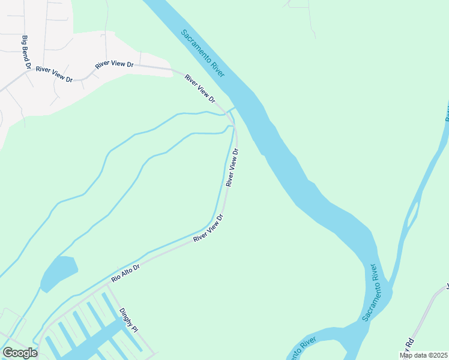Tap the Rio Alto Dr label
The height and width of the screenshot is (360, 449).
click(125, 274)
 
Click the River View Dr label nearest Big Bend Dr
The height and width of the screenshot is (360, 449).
click(53, 74)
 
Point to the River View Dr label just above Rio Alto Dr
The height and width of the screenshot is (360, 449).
click(208, 229)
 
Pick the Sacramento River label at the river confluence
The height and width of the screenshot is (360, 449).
click(370, 292)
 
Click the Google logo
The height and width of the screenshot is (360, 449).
click(19, 353)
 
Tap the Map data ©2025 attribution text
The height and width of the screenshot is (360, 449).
click(423, 355)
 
